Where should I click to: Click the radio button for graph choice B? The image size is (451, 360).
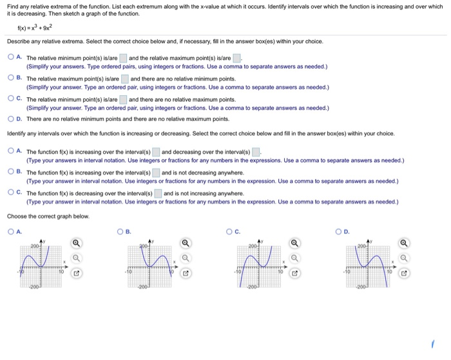click(121, 232)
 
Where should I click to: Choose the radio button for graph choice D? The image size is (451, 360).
click(339, 232)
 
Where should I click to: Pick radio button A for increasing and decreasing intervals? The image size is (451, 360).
click(12, 151)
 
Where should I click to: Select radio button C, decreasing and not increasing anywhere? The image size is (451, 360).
click(12, 193)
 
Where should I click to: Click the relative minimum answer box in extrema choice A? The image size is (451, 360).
click(123, 58)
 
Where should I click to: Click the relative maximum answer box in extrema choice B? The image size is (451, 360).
click(124, 79)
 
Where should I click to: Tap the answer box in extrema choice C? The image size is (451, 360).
click(123, 99)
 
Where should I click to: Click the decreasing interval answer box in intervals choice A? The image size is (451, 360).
click(256, 152)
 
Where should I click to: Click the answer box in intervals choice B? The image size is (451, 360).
click(155, 173)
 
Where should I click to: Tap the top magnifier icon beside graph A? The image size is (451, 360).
click(77, 244)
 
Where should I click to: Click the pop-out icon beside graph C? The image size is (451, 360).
click(294, 273)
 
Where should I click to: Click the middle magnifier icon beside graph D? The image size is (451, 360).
click(404, 259)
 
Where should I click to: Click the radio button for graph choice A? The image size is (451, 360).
click(12, 232)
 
